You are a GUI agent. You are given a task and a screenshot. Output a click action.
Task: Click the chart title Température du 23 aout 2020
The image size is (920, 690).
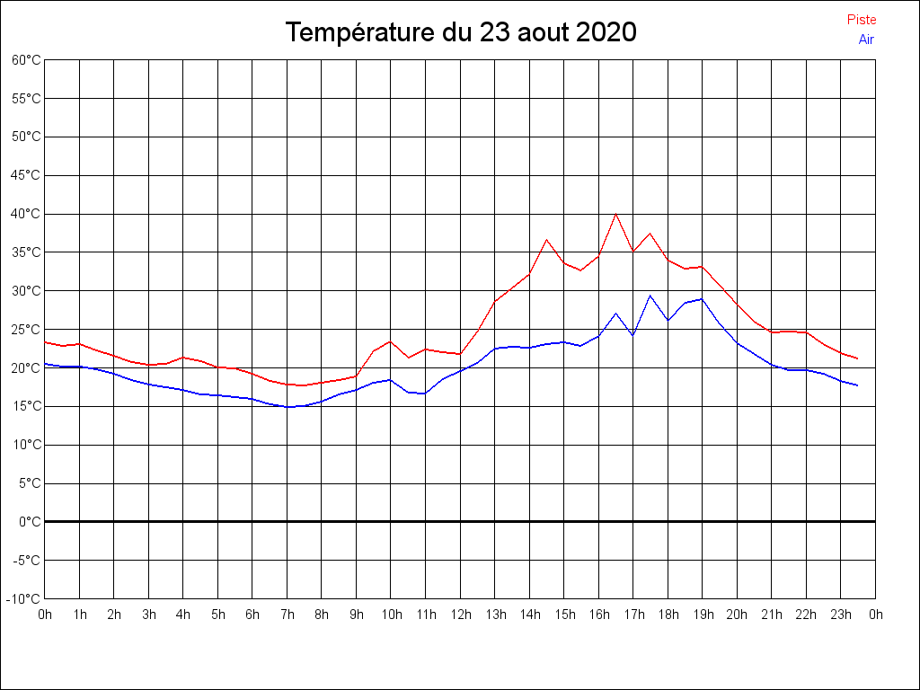point(460,32)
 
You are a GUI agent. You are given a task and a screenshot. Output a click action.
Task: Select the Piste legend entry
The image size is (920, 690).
point(862,20)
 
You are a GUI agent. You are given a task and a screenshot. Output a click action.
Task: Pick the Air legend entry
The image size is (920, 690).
point(866,40)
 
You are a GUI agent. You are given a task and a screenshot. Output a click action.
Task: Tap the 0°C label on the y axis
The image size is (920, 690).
point(30,522)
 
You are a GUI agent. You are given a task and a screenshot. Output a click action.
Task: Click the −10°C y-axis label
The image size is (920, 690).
point(24,599)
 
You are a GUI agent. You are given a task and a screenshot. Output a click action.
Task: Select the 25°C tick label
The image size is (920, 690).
point(26,330)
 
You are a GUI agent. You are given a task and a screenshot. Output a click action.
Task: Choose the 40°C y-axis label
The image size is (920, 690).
point(26,214)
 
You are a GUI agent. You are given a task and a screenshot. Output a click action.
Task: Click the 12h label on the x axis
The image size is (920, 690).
point(461,615)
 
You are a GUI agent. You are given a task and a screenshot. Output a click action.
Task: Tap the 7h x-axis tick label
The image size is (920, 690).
point(287,615)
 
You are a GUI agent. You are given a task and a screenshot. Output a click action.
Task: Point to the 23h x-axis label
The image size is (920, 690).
point(841,615)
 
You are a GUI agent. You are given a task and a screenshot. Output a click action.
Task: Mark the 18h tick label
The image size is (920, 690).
point(668,615)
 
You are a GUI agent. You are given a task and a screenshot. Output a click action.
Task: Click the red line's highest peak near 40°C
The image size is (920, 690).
point(616,214)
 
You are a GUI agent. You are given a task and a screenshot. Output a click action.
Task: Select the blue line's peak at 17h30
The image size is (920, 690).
point(650,296)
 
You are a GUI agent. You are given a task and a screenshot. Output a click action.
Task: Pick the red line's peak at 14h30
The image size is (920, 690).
point(546,240)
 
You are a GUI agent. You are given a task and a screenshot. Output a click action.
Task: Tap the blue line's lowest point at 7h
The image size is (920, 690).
point(287,407)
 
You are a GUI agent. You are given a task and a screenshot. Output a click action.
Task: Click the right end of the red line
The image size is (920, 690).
point(858,358)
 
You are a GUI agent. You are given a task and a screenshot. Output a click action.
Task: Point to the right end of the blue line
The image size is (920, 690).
point(858,385)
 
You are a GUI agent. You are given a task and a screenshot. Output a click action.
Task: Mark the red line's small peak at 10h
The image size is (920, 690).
point(391,341)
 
